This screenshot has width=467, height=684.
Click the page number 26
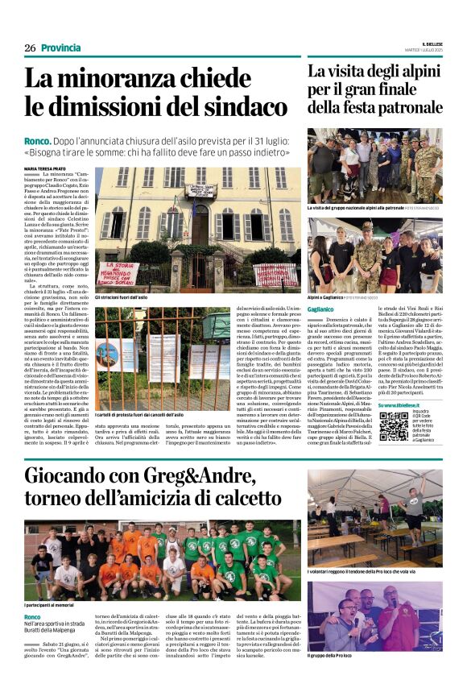point(30,48)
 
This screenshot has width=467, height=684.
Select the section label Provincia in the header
point(60,48)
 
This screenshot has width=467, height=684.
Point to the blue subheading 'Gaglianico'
point(320,309)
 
